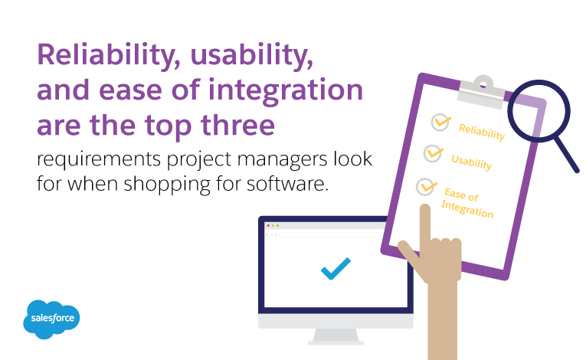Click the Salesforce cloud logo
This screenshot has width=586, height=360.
(51, 319)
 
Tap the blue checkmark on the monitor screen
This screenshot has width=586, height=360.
(336, 268)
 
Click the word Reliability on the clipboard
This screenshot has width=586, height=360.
(482, 132)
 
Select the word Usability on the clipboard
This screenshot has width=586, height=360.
(471, 162)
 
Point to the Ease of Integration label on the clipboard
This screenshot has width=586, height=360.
(467, 203)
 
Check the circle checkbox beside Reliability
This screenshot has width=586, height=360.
(440, 122)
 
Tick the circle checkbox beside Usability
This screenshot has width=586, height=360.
(433, 153)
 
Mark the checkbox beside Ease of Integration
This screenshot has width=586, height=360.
(426, 187)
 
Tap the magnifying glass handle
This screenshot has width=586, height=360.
(566, 155)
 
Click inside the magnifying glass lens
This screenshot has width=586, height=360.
(539, 111)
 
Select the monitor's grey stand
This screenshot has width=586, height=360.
(336, 336)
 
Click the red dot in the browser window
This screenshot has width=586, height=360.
(268, 226)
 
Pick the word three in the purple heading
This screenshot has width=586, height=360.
(237, 125)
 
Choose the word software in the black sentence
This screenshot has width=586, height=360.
(287, 184)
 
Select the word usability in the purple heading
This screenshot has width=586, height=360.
(251, 56)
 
